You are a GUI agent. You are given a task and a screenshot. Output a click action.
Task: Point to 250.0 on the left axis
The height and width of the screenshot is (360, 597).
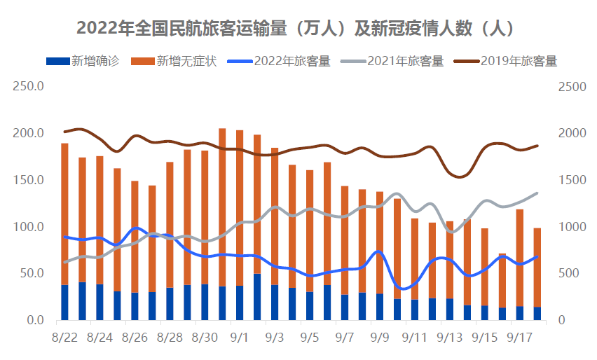click(x=29, y=87)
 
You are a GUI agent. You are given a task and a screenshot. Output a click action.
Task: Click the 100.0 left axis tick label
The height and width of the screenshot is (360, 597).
click(x=29, y=227)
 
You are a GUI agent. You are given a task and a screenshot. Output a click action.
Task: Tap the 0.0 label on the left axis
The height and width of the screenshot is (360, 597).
click(x=34, y=321)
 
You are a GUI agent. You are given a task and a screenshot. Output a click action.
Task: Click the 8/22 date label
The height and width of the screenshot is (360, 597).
click(x=64, y=338)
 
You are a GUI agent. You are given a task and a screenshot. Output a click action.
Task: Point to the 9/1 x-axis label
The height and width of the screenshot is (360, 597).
click(x=240, y=338)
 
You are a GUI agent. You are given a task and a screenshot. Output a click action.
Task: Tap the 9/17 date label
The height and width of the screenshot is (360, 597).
click(x=520, y=338)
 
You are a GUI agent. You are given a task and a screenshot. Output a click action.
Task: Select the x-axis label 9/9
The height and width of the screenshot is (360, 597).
click(x=380, y=338)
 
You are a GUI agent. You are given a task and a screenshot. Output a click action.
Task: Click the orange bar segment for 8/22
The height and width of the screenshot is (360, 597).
click(x=64, y=210)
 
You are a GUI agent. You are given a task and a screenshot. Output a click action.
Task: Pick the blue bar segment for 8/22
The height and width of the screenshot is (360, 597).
click(x=64, y=303)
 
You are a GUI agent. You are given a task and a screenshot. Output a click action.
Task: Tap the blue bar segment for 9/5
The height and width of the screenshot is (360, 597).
click(x=310, y=306)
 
